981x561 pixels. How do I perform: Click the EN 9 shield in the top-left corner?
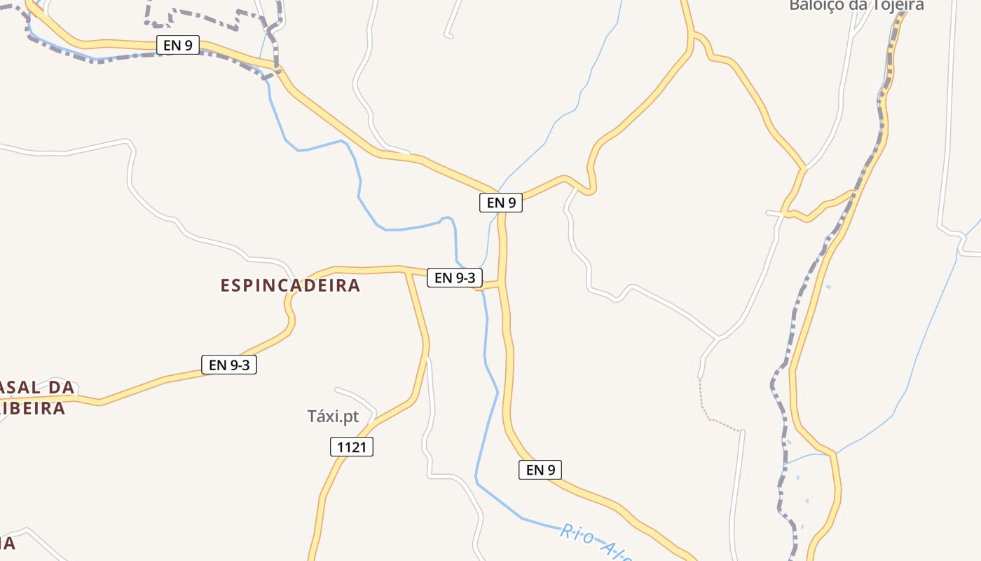tap(177, 46)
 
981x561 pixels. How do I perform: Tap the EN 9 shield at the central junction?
tap(501, 203)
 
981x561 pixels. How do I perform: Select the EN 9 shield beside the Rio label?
tap(540, 470)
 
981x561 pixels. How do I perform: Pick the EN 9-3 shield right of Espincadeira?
tap(455, 278)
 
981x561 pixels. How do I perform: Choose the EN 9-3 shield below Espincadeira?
tap(229, 365)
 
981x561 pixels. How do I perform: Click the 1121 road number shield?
tap(352, 447)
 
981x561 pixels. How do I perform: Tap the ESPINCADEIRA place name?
tap(290, 285)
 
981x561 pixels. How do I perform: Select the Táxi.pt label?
tap(333, 417)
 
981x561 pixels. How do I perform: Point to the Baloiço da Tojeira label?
tap(856, 6)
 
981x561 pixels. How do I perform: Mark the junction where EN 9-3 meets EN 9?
tap(502, 284)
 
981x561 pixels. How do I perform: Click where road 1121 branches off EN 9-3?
tap(406, 270)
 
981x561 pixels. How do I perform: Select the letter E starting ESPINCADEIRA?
tap(226, 285)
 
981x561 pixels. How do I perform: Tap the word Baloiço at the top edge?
tap(813, 6)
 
